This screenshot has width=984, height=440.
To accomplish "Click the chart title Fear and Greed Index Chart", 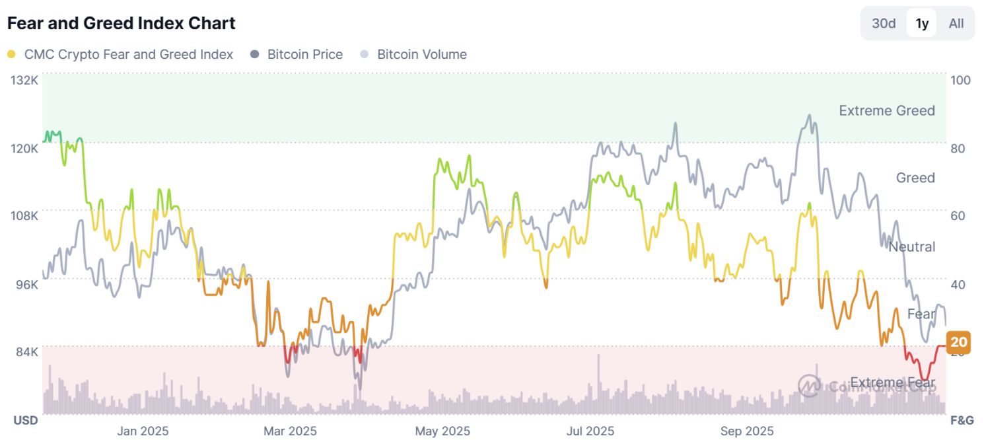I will [x=121, y=23].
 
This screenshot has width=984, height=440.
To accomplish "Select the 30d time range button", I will [x=884, y=24].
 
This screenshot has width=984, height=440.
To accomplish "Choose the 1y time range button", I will [x=922, y=24].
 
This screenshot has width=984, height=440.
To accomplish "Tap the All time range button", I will [x=956, y=24].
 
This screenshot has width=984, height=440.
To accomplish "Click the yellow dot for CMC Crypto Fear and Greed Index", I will [x=11, y=55].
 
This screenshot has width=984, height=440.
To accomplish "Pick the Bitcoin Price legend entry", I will [x=304, y=55].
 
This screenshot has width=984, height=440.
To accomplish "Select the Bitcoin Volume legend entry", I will [x=421, y=55].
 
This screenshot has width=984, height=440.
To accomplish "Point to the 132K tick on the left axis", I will [x=25, y=80].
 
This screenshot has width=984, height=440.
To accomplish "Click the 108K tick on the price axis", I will [x=25, y=215].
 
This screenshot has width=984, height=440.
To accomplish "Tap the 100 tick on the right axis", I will [x=960, y=80].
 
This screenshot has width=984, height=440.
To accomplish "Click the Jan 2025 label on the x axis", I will [x=143, y=431].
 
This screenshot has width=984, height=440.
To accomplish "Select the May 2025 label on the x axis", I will [x=442, y=431].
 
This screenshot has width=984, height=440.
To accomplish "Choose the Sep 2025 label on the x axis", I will [x=747, y=431].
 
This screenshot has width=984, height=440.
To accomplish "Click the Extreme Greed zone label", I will [x=886, y=110].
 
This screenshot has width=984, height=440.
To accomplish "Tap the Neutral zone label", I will [x=911, y=246].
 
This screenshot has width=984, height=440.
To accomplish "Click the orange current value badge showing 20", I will [x=959, y=342].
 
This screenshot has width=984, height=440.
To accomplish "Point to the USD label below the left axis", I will [x=26, y=420].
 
